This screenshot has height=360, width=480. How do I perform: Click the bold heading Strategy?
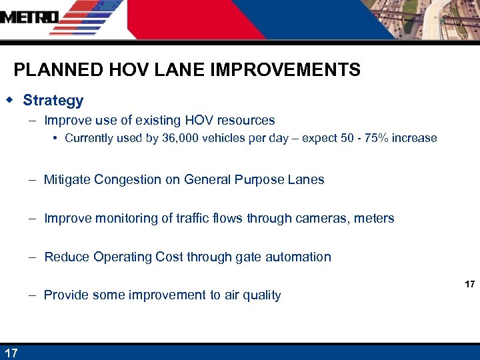53,101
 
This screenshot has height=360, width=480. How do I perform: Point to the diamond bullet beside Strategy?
9,100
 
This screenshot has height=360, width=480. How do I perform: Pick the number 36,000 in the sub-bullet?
183,139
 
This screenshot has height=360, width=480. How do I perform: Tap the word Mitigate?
69,179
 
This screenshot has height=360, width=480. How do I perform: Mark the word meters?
375,218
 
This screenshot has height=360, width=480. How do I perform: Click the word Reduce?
67,257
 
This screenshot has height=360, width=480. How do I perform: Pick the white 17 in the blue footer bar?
11,352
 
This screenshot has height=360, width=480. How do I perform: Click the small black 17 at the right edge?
469,285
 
